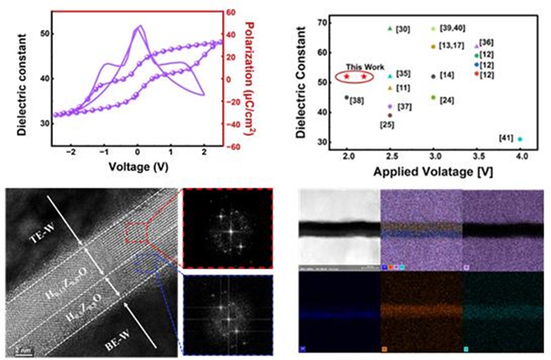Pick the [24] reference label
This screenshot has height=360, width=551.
pyautogui.click(x=447, y=100)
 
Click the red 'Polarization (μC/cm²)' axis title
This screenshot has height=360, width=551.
pyautogui.click(x=250, y=80)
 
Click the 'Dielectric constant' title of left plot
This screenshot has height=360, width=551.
pyautogui.click(x=22, y=80)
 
